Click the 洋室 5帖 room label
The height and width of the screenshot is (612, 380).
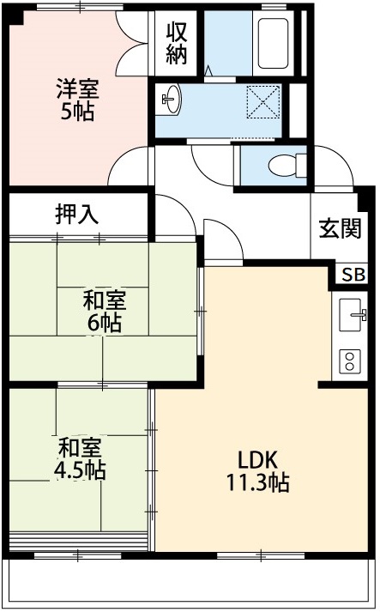tap(77, 99)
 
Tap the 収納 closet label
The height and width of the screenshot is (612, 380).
tap(177, 43)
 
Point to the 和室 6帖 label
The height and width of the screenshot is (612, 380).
tap(104, 312)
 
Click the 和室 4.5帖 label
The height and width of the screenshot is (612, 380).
tap(81, 458)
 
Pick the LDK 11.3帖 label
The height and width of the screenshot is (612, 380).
tap(256, 470)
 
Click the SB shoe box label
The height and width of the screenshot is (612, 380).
tap(352, 275)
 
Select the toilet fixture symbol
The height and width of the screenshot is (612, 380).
tap(283, 164)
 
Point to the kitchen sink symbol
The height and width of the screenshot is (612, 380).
tap(352, 315)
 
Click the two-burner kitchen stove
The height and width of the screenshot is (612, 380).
tap(352, 360)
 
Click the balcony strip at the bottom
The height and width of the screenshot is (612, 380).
tap(190, 581)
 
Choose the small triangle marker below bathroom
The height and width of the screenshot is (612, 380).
tap(208, 70)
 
